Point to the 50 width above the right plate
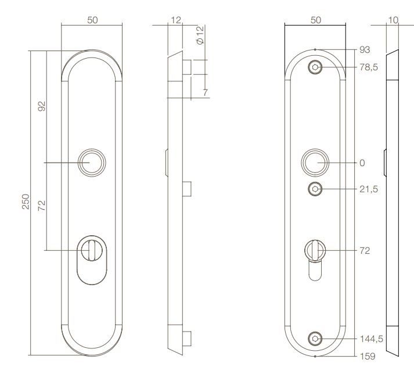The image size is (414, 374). tap(315, 20)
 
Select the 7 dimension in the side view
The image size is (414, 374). tap(206, 92)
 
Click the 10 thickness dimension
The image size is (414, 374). tap(393, 20)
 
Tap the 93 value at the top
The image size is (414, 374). tap(364, 49)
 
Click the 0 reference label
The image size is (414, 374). tap(362, 163)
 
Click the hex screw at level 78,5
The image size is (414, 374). tap(315, 67)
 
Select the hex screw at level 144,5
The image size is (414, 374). tap(315, 339)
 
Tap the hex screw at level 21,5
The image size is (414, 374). tap(315, 189)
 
